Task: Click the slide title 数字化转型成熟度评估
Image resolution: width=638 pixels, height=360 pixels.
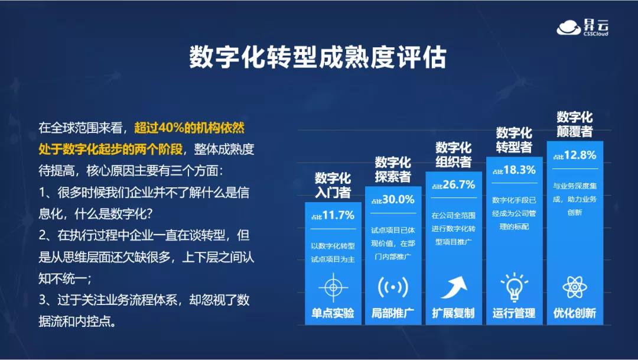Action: (318, 57)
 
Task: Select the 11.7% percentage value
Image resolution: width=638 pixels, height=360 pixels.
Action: (338, 215)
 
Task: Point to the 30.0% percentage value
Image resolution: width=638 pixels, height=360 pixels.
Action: (398, 200)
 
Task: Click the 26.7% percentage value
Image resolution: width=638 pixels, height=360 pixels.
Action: (458, 185)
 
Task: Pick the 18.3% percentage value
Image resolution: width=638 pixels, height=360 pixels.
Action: (519, 170)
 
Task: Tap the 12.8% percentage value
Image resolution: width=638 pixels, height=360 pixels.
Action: (580, 155)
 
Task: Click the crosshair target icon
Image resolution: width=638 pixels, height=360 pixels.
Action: (333, 287)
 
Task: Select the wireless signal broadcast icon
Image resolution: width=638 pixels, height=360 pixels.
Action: (393, 287)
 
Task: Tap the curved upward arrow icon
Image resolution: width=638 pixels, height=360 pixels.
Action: (454, 287)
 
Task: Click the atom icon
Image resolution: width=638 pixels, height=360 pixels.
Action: (575, 287)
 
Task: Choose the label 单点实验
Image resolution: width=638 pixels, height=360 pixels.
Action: (333, 313)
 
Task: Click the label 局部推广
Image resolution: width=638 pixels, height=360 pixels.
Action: (393, 313)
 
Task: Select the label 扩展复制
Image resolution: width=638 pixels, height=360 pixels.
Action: (454, 313)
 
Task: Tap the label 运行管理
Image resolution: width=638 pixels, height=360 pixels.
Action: (514, 313)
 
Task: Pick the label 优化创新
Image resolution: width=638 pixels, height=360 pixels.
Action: (575, 313)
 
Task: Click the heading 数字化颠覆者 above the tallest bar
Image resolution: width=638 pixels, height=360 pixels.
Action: (575, 124)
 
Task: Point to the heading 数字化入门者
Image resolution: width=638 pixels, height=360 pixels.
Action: (333, 185)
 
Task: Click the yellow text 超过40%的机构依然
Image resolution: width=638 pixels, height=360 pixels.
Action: (189, 128)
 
